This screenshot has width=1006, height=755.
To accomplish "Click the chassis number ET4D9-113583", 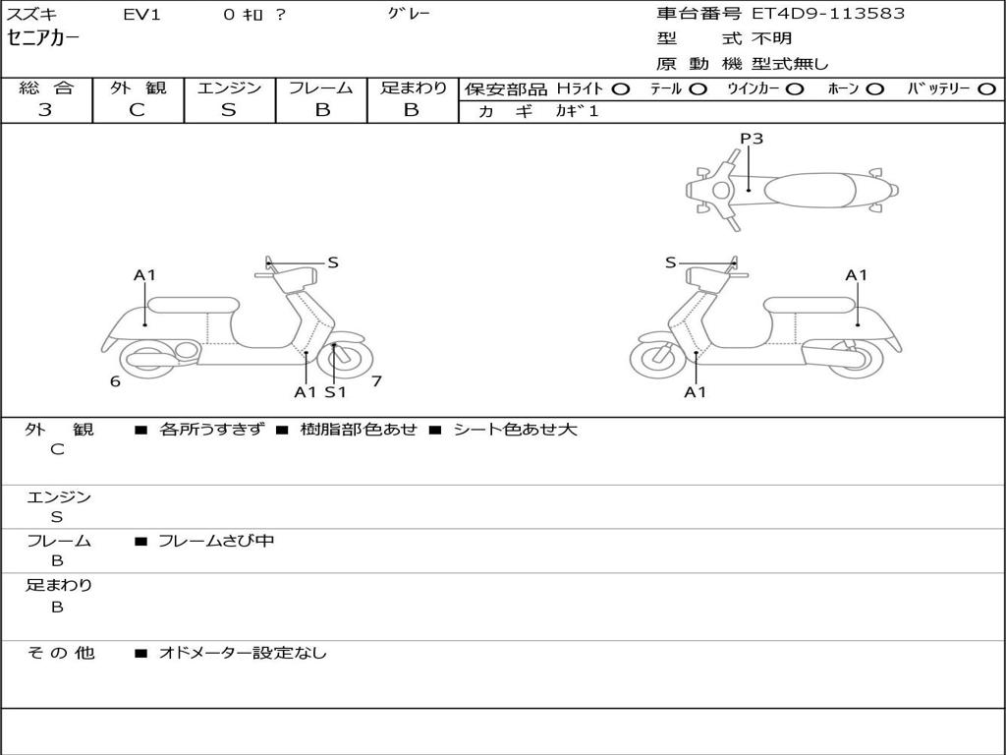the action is (x=828, y=14).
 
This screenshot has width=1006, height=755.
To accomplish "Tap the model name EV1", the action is (x=143, y=14).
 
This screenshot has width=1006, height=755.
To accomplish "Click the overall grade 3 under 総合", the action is (x=45, y=110).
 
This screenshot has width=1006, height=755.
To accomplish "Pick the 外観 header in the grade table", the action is (x=138, y=87).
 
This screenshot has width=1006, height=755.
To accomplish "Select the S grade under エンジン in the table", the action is (x=229, y=110).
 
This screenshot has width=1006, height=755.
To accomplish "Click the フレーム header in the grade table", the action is (x=320, y=87).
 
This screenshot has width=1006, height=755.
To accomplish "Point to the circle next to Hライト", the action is (x=620, y=88).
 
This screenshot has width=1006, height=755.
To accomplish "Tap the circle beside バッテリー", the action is (x=986, y=88).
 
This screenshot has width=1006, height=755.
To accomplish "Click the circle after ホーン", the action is (x=874, y=88).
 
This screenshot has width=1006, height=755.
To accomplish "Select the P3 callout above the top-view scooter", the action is (x=752, y=139).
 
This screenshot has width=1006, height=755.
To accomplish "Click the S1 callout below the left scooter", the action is (x=336, y=392).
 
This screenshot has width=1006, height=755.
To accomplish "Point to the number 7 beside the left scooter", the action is (x=376, y=381).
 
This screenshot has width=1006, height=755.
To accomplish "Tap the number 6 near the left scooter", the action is (x=115, y=381).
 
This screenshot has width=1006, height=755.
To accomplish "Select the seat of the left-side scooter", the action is (x=193, y=305).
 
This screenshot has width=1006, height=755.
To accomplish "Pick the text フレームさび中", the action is (x=216, y=541).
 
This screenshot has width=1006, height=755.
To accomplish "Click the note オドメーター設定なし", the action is (x=243, y=653).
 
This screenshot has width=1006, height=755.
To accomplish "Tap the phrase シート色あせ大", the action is (x=515, y=430).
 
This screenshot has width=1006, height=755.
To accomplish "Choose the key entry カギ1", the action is (x=577, y=111).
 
